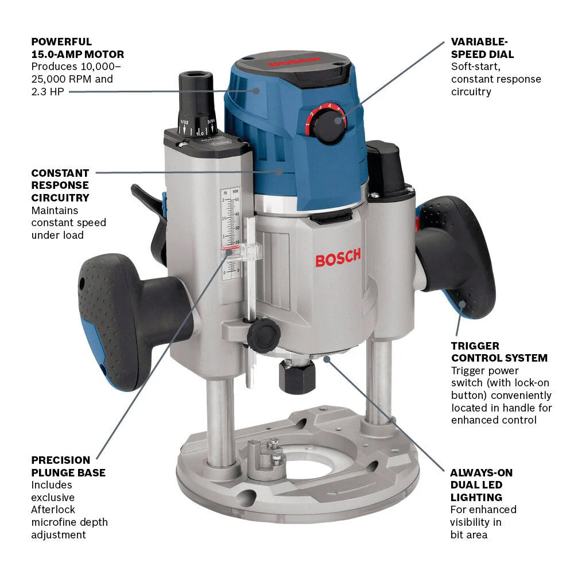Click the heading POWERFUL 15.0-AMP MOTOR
click(77, 48)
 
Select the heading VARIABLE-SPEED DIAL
click(482, 48)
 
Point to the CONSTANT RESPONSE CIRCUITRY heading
click(60, 185)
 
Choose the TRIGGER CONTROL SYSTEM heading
click(499, 352)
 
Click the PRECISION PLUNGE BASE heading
click(68, 466)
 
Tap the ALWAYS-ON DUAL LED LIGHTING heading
click(481, 485)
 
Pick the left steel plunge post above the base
click(221, 413)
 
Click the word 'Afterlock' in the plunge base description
click(53, 509)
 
